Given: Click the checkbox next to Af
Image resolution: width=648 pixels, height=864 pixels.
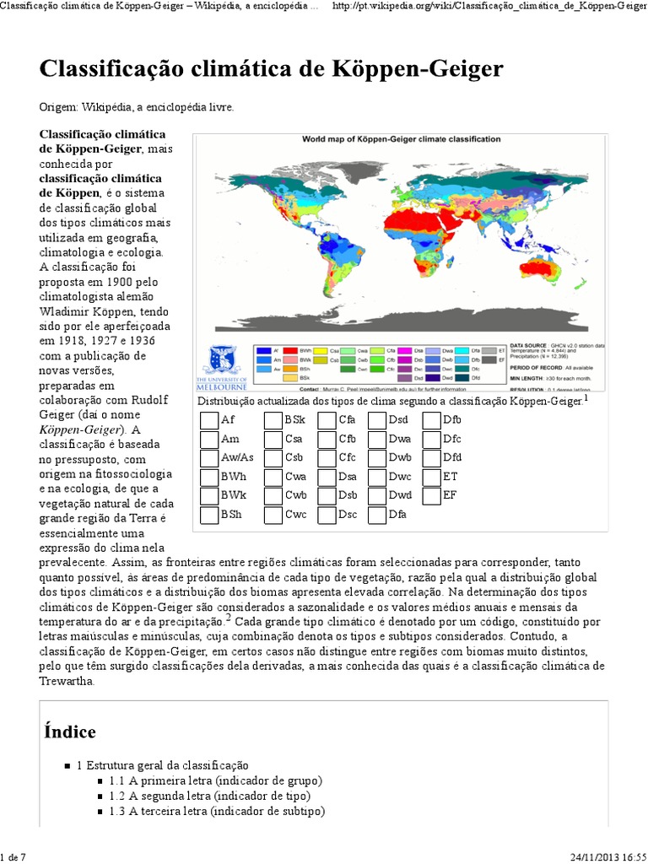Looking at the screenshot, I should [209, 420].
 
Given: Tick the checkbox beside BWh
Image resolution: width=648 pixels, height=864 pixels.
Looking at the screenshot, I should [209, 477].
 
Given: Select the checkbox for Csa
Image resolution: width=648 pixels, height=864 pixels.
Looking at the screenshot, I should [273, 439].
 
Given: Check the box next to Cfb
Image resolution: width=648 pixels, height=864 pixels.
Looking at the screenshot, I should [327, 439].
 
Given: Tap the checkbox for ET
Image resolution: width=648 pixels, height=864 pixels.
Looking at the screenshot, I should [431, 477].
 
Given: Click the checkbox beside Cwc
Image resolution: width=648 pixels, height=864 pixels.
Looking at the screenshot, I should [273, 515].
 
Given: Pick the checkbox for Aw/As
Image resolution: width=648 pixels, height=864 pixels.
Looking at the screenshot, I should [209, 458].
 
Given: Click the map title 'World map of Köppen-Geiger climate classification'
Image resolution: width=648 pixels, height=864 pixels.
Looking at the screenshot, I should [401, 139].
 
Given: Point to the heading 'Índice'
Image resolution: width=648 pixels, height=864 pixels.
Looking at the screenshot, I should [70, 732].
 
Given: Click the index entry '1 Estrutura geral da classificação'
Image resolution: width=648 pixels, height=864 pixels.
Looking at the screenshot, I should [163, 765].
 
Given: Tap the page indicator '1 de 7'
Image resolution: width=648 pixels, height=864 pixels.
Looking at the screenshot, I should [14, 857].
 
